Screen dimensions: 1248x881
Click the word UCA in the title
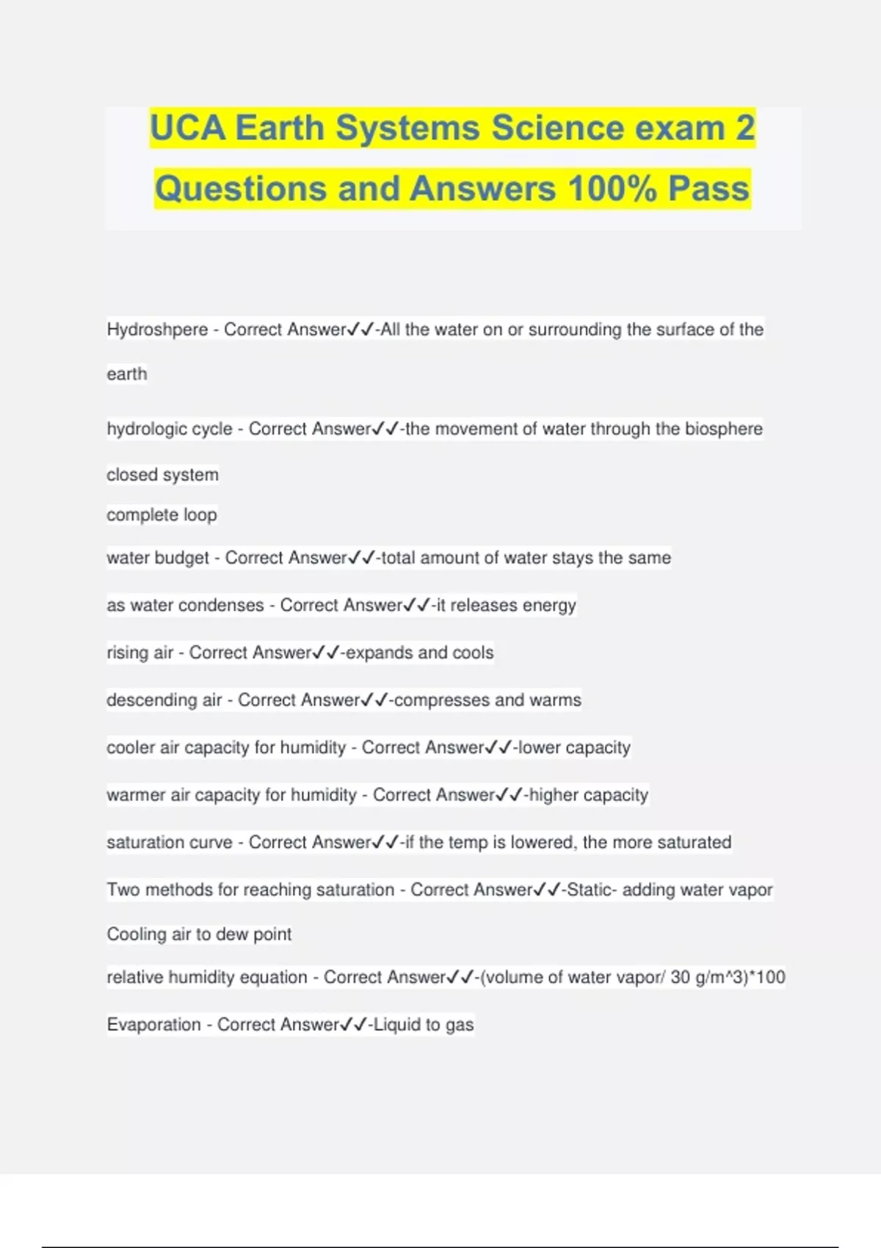(x=187, y=128)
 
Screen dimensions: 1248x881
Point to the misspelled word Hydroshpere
(x=157, y=330)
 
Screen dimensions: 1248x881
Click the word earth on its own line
(x=127, y=374)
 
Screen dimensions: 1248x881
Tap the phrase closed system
(x=162, y=475)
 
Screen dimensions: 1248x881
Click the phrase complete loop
(x=162, y=515)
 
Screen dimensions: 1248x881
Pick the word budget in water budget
(x=181, y=558)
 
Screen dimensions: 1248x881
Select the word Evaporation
(x=153, y=1025)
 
